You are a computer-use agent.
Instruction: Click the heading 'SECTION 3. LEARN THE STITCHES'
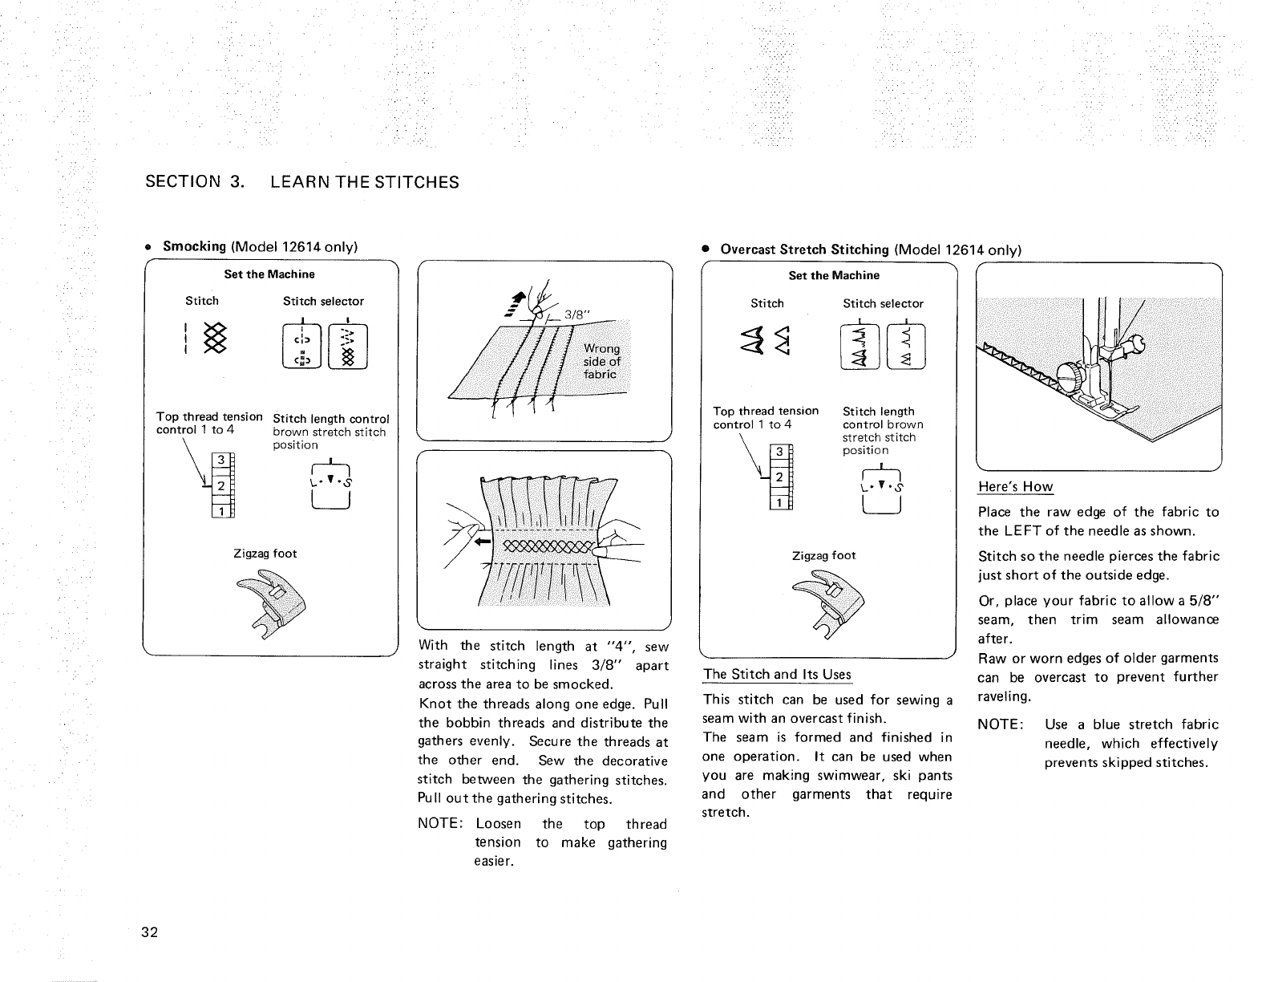tap(302, 182)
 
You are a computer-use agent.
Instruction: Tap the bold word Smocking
tap(195, 245)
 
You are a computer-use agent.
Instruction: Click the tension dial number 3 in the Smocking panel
tap(217, 461)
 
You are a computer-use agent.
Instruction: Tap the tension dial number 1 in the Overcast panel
tap(775, 503)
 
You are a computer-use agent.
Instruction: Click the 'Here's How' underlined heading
tap(1015, 487)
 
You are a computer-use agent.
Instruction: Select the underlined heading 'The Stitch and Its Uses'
tap(777, 674)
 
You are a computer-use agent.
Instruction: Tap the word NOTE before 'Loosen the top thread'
tap(439, 824)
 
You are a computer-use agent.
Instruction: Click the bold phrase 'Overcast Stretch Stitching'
tap(804, 250)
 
